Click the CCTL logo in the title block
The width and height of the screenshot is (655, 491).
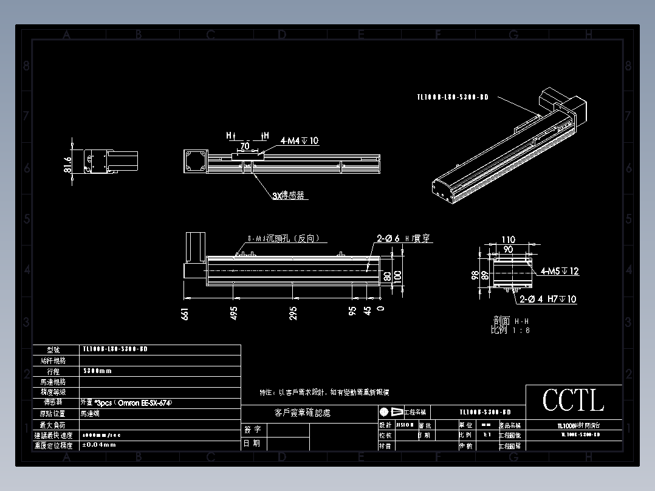coord(573,401)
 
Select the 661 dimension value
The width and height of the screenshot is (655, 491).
coord(186,314)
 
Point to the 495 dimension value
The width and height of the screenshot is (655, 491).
coord(234,314)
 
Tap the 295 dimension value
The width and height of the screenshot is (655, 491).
coord(293,314)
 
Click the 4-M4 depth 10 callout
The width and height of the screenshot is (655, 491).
coord(299,141)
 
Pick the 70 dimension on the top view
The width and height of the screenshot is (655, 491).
coord(245,146)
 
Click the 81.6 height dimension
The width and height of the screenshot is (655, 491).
coord(67,164)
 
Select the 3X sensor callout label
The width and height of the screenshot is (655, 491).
coord(288,196)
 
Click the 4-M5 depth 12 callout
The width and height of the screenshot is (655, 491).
coord(560,271)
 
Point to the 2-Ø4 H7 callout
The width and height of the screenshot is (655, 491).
coord(547,299)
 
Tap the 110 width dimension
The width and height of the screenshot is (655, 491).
coord(508,240)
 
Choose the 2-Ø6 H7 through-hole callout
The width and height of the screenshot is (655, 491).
coord(403,239)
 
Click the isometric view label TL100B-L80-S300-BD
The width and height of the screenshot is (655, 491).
coord(453,97)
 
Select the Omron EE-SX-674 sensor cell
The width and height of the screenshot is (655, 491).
coord(122,402)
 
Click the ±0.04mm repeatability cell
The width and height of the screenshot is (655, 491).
coord(98,445)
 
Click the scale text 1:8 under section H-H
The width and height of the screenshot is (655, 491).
coord(520,330)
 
